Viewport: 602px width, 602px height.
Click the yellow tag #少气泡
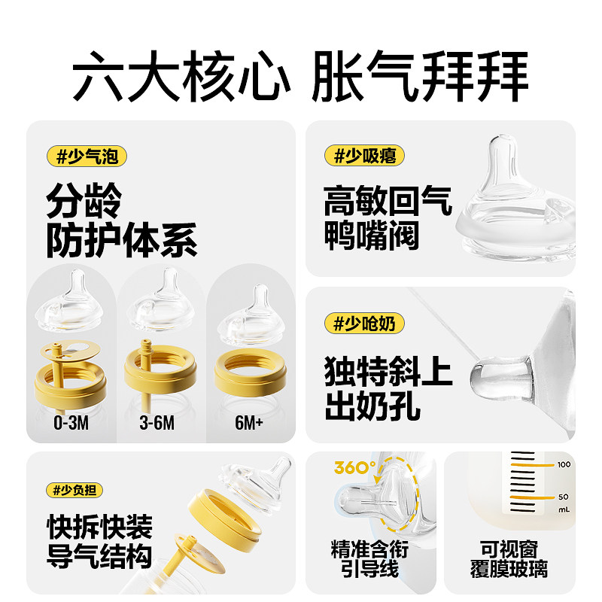[86, 157]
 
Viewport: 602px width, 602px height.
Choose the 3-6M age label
[158, 423]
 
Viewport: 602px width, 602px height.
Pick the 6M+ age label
[248, 423]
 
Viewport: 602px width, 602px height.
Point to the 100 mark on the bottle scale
[564, 465]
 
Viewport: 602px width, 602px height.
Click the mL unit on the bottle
[564, 509]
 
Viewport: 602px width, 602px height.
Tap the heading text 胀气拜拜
[420, 77]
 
